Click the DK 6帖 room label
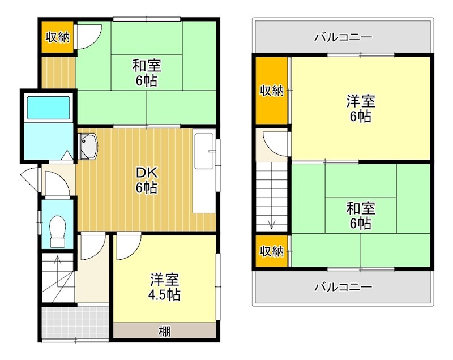point(146,181)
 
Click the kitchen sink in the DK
point(88,147)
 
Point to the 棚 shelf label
point(164,331)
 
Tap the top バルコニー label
point(343,37)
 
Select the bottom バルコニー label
point(343,287)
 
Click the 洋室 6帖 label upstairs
point(361,109)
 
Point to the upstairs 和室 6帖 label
point(360,216)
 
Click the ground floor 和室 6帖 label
point(147,72)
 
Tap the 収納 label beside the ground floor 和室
point(57,37)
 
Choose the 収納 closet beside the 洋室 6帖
point(271,91)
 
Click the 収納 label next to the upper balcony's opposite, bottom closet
point(271,250)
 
